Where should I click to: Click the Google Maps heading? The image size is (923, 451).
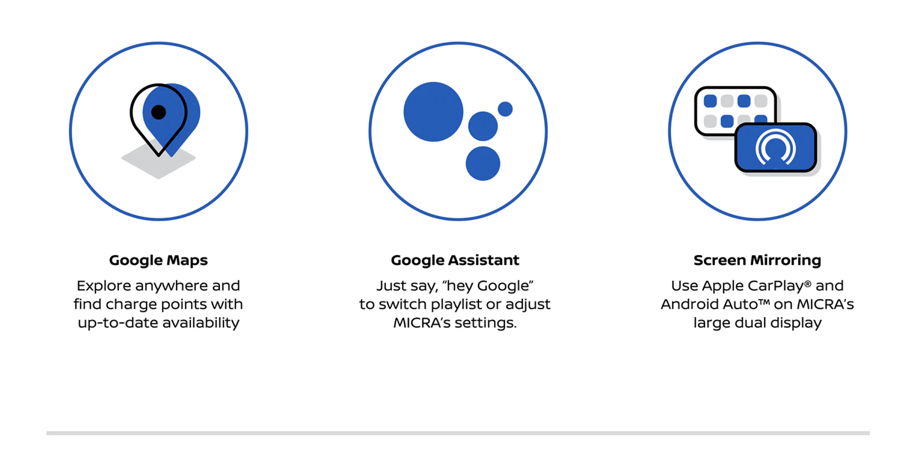point(158,260)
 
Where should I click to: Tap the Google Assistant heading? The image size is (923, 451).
point(455,260)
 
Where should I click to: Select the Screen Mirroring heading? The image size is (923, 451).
point(757,260)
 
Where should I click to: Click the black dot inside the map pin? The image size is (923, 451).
point(158,112)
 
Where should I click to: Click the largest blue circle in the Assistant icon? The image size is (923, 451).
point(433,112)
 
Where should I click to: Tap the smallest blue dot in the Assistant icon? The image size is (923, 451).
point(505,109)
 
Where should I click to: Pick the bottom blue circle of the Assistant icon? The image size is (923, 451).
point(483,164)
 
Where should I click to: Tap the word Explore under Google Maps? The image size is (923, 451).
point(104,286)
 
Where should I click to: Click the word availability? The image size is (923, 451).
point(201,323)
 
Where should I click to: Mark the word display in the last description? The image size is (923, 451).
point(796,323)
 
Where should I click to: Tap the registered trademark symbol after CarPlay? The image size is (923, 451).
point(808,283)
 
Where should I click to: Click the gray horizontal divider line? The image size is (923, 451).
point(458,433)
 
